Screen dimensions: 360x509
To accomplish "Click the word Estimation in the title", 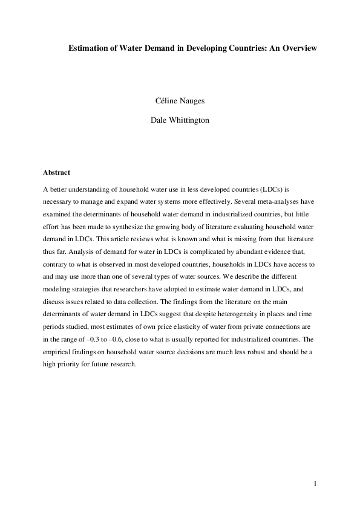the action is pyautogui.click(x=88, y=47).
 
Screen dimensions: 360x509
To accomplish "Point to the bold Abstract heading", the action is pyautogui.click(x=57, y=172).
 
